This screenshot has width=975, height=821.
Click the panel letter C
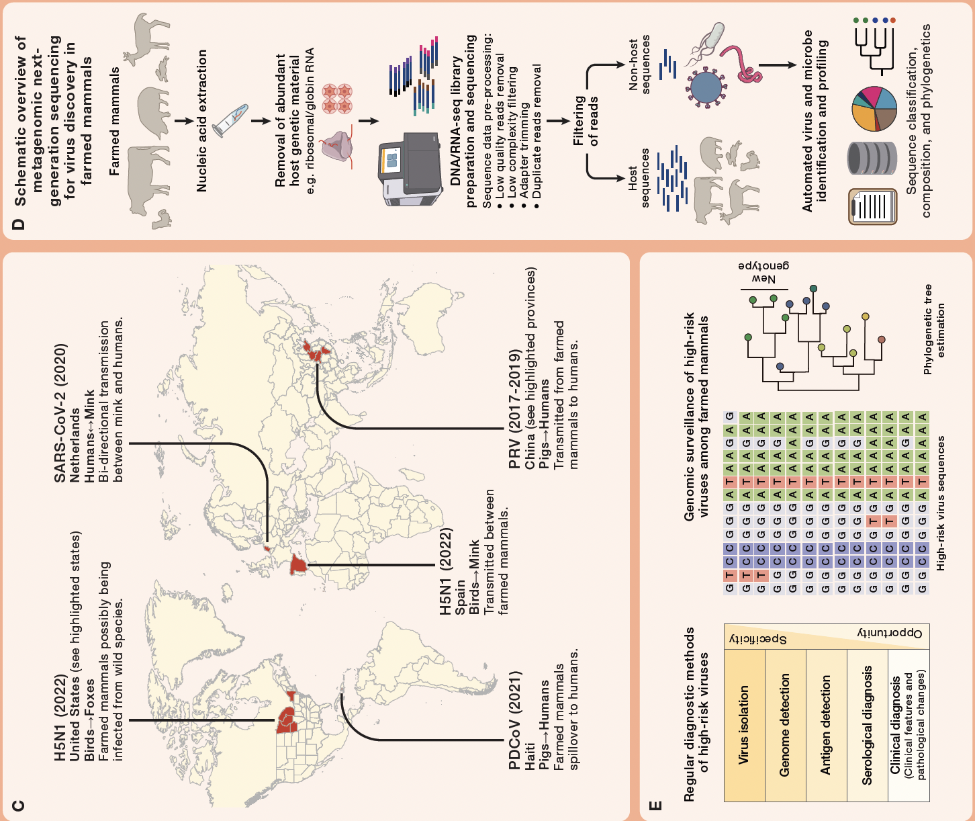19,805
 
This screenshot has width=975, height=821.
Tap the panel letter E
656,805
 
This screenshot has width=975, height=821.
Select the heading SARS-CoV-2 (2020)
60,413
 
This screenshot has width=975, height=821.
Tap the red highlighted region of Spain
297,566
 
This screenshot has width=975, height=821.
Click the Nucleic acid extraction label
202,121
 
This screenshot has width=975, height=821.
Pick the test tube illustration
230,121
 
